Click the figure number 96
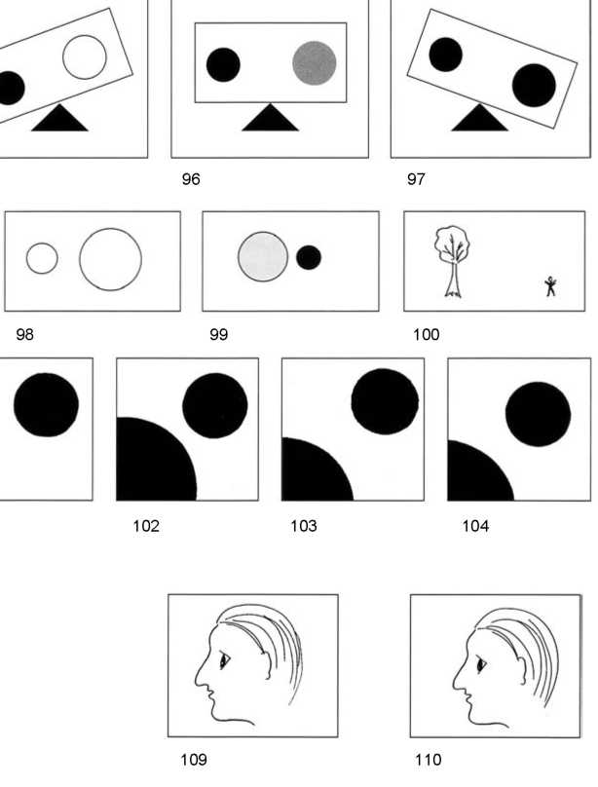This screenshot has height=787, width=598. (x=191, y=179)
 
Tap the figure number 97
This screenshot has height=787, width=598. (x=416, y=179)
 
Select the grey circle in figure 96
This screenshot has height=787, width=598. (x=315, y=62)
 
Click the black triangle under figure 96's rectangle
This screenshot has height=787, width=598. (x=271, y=118)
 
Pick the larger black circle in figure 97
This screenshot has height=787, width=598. (x=534, y=86)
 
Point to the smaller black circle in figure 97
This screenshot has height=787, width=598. (x=445, y=55)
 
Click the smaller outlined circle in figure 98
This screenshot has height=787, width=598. (x=42, y=258)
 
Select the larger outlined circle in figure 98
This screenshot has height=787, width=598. (x=110, y=259)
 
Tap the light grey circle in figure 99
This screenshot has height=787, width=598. (x=263, y=256)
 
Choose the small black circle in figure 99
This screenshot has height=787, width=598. (x=309, y=257)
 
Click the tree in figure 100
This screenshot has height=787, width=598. (x=453, y=261)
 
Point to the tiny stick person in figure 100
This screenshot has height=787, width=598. (x=551, y=286)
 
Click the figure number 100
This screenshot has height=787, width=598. (x=426, y=335)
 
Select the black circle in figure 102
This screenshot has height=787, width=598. (x=214, y=405)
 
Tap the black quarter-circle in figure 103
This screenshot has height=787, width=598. (x=318, y=469)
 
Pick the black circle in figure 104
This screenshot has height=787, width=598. (x=538, y=414)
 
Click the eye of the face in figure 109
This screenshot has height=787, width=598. (x=224, y=660)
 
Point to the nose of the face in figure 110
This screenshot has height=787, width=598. (x=459, y=677)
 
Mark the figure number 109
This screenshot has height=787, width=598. (x=194, y=760)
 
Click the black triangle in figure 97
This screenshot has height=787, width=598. (x=479, y=118)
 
